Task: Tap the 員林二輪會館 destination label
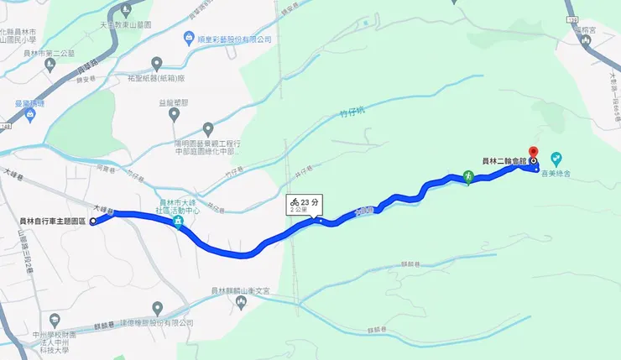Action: (x=504, y=160)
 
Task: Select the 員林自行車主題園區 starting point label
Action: (x=52, y=222)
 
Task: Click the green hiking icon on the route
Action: (x=467, y=177)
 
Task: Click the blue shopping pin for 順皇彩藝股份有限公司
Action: (x=189, y=39)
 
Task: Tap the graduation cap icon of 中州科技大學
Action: (x=55, y=320)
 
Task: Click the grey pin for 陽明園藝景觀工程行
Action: (x=208, y=128)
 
